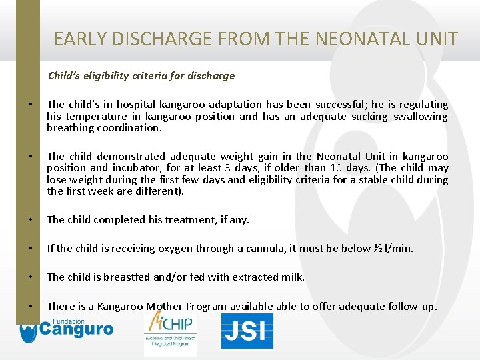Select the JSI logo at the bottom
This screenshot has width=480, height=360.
pos(247,331)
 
